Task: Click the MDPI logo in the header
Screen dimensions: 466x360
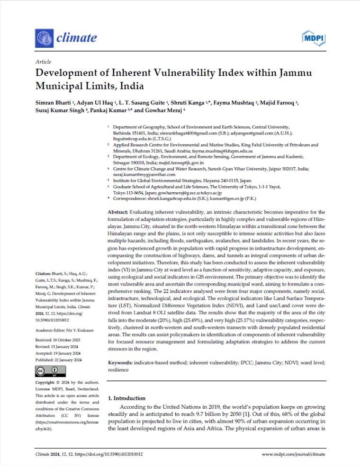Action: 313,37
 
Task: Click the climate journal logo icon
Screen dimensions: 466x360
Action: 44,37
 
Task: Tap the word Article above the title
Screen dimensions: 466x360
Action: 43,62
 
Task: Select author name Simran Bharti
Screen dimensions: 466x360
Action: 53,103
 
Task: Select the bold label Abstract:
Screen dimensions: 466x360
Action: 119,213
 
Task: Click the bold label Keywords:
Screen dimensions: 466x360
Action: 121,362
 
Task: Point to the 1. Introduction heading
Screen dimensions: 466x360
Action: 127,398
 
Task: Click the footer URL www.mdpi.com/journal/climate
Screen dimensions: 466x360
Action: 294,454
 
